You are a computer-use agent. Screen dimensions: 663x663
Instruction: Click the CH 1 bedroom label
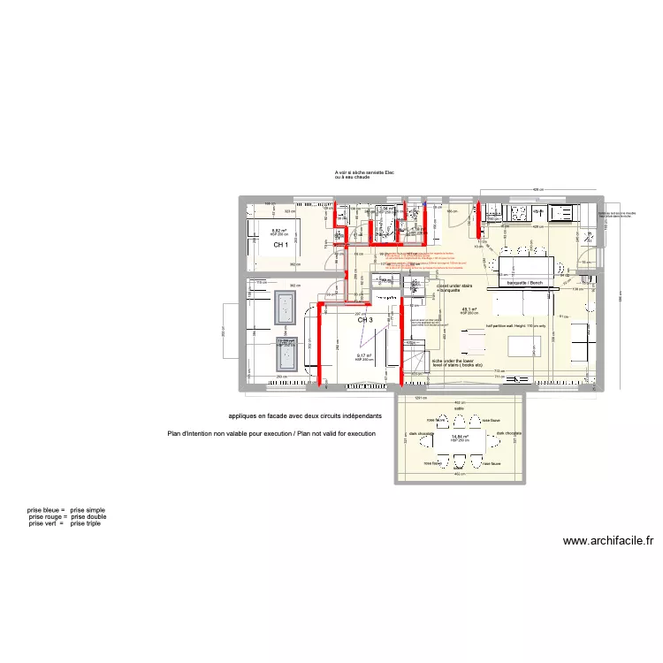(x=279, y=245)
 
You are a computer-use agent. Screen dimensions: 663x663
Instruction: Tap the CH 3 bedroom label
(x=365, y=321)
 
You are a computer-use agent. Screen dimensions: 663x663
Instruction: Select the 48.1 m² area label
(x=469, y=309)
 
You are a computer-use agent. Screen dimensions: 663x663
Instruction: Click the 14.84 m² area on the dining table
(x=459, y=436)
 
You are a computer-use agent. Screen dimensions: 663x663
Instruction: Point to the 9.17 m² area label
(x=364, y=356)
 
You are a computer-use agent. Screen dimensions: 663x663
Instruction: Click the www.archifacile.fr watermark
(x=607, y=541)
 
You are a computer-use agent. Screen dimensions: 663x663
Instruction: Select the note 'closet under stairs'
(x=454, y=286)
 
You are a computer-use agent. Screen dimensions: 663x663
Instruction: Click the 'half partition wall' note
(x=515, y=325)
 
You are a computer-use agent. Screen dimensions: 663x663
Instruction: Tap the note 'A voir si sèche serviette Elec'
(x=364, y=172)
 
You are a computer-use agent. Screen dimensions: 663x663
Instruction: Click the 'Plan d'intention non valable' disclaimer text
(x=271, y=434)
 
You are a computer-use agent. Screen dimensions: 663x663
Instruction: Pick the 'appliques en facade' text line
(x=305, y=415)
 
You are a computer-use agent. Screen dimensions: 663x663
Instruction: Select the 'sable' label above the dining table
(x=459, y=408)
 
